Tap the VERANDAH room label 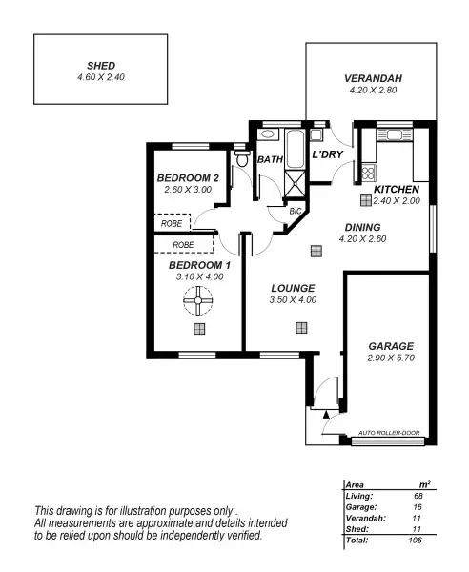[367, 79]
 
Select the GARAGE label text [390, 346]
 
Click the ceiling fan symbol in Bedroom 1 [199, 304]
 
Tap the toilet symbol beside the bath [242, 159]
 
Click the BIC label [295, 211]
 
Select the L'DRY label [327, 153]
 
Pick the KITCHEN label [397, 189]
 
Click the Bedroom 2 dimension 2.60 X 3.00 [188, 190]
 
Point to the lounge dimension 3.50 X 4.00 [293, 299]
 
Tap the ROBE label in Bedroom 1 [184, 244]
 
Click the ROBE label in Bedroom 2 [172, 223]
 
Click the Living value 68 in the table [418, 495]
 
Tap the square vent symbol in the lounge [301, 328]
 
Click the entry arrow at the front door [327, 414]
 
